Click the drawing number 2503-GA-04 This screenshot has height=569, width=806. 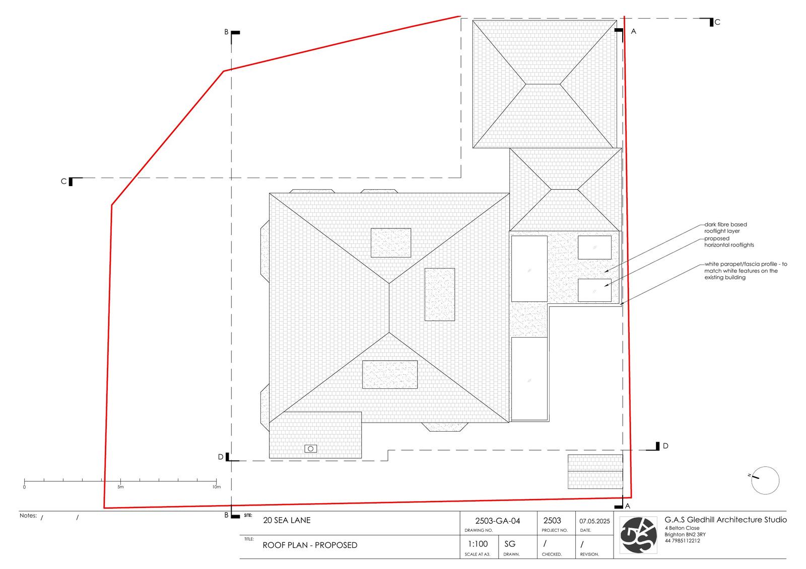coord(498,521)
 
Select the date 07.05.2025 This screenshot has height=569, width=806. coord(594,521)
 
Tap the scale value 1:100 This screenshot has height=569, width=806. coord(478,544)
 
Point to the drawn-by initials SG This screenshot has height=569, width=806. coord(510,544)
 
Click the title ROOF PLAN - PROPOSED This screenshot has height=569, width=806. coord(310,545)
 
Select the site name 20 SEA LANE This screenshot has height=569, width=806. coord(287,520)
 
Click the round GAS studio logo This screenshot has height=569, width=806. coord(638,535)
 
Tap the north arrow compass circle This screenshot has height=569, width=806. coord(765,480)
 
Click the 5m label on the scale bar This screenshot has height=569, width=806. coord(120,487)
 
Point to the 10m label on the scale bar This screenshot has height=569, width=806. coord(216,487)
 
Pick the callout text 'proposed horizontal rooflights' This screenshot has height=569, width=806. coord(729,241)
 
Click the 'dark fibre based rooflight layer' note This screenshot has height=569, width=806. coord(725,227)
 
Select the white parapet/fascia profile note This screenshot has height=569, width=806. coord(746,271)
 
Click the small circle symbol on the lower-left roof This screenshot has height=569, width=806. coord(310,449)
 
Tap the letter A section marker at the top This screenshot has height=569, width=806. coord(634,32)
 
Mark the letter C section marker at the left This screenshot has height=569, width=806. coord(63,182)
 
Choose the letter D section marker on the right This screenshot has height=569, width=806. coord(665,446)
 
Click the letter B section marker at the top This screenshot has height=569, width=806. coord(226,32)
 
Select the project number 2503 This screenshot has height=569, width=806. coord(552,521)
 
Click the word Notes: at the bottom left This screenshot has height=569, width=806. coord(28,516)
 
